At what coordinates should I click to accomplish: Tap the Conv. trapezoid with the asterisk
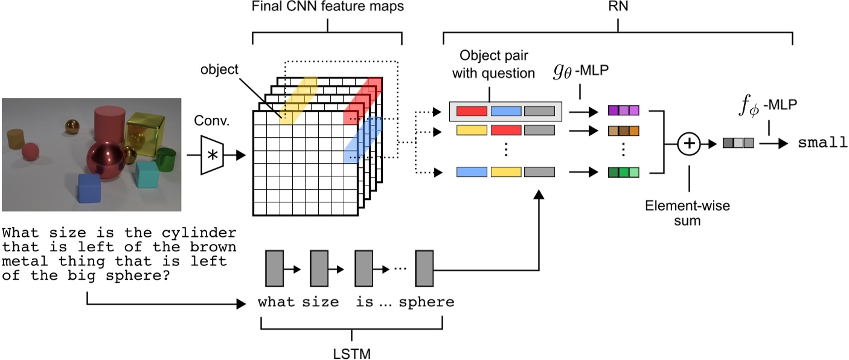(x=212, y=155)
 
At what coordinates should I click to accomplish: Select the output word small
(x=818, y=144)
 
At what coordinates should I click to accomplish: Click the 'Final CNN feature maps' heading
(x=326, y=8)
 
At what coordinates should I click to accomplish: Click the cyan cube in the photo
(x=147, y=174)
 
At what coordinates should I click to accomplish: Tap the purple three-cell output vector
(x=623, y=111)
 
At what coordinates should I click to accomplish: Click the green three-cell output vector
(x=623, y=173)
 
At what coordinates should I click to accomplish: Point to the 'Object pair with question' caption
(x=498, y=65)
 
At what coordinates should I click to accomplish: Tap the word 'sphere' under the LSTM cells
(x=426, y=303)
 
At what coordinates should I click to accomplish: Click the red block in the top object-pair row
(x=472, y=111)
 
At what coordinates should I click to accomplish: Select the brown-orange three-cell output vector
(x=623, y=130)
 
